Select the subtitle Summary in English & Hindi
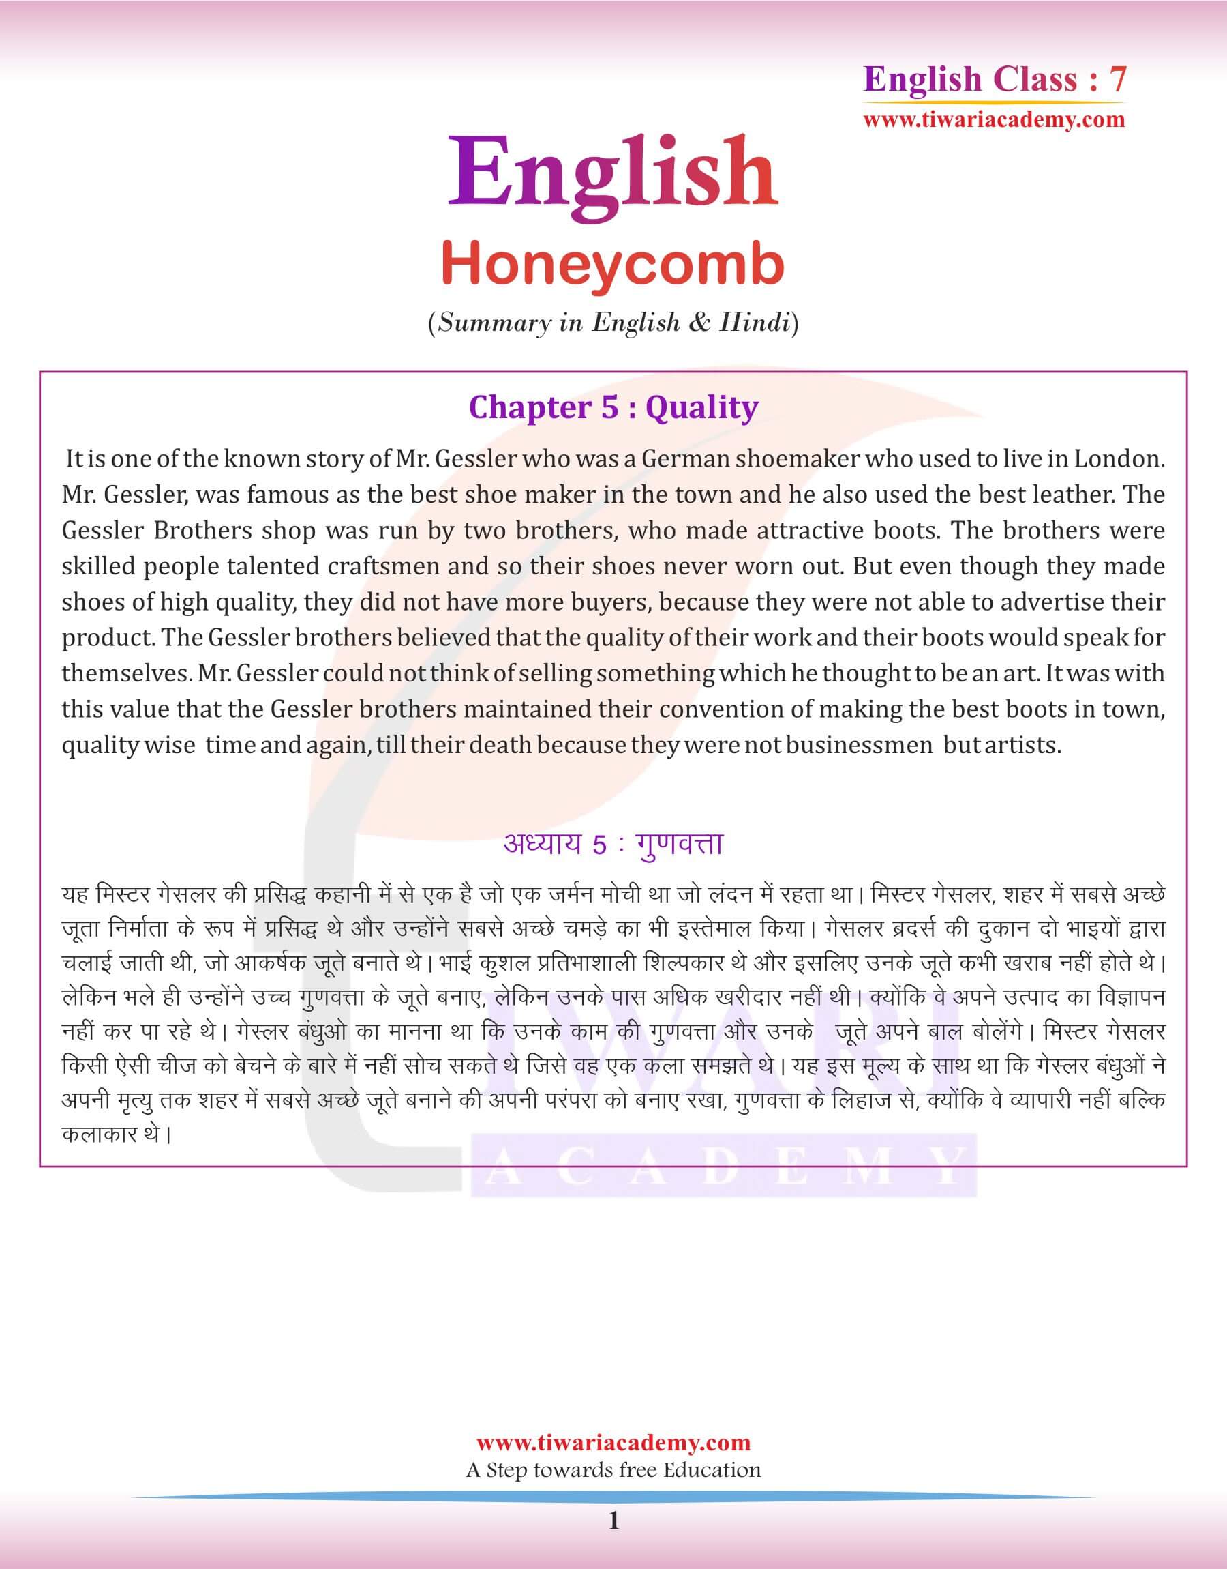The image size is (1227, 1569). [x=613, y=323]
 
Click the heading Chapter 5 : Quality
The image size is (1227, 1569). [x=613, y=407]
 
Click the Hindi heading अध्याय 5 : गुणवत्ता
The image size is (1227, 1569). [x=613, y=845]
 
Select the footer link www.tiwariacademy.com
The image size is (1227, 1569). [x=613, y=1442]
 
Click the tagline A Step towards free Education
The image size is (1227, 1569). [x=613, y=1470]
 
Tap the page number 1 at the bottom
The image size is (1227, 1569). [x=613, y=1521]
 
